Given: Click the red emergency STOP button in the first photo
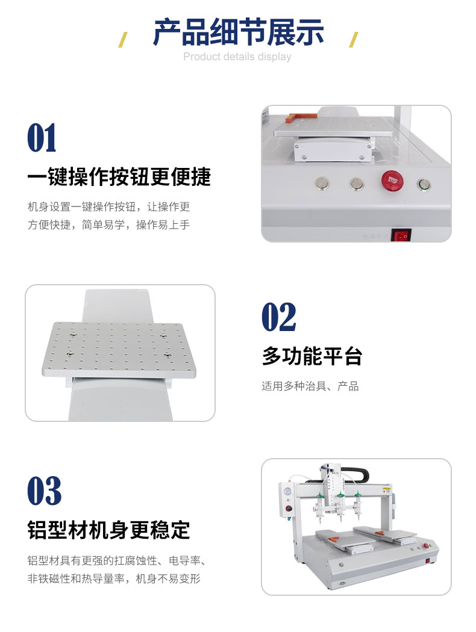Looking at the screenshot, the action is pos(392,181).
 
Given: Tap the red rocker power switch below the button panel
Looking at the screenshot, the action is pos(401,235).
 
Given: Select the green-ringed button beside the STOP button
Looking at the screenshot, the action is pos(424,185).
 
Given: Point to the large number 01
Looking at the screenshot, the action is pos(42,138).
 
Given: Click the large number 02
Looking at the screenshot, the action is pos(279,317).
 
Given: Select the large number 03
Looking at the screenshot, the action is pos(45,491).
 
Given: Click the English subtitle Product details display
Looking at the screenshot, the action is pos(237,57).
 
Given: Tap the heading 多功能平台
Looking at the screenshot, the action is pos(312,356).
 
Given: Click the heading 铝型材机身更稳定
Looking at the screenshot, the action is pos(108,530).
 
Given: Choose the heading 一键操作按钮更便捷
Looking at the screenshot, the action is pos(119,176).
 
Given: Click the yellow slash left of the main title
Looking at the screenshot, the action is pos(123,40).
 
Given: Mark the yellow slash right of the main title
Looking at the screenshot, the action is pos(353,40).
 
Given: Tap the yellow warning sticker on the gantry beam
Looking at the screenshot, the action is pos(386,490).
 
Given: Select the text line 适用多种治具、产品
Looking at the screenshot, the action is pos(310,386).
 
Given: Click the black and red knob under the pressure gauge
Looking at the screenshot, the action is pos(288,509).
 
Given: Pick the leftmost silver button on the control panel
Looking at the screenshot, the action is pos(322,184).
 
